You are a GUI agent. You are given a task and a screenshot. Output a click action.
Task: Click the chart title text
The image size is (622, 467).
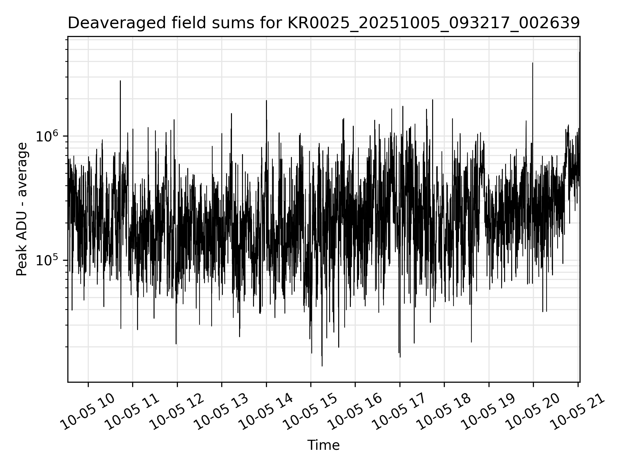click(x=323, y=23)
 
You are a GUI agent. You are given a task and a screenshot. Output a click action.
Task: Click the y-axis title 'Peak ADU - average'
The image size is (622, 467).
click(x=22, y=209)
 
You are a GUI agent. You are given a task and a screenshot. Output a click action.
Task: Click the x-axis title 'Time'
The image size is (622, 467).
click(x=323, y=445)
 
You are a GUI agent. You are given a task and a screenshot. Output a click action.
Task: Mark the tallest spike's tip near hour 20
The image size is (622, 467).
click(x=533, y=63)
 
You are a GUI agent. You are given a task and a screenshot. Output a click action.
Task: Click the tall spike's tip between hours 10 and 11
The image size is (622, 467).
click(x=121, y=81)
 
